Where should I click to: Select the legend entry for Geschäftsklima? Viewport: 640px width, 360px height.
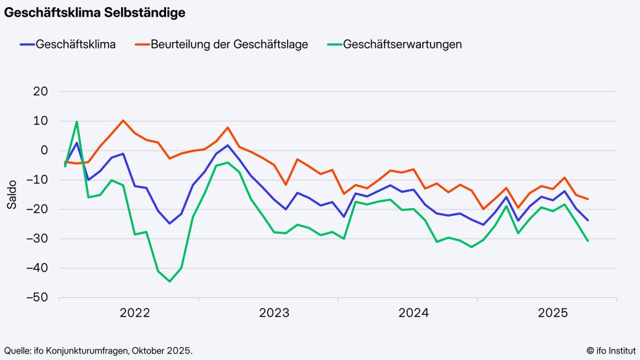(76, 45)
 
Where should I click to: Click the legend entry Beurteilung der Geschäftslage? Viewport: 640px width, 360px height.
(229, 45)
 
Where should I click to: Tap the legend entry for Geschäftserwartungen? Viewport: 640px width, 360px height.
(402, 45)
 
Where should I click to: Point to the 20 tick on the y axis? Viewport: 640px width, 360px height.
(40, 92)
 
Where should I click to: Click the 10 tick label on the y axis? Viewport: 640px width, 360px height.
(41, 121)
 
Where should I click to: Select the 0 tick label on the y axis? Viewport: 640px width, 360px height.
(44, 151)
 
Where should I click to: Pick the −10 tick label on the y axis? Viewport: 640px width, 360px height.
(37, 180)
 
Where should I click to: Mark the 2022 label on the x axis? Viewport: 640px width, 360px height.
(134, 313)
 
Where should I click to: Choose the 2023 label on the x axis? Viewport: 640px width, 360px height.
(274, 313)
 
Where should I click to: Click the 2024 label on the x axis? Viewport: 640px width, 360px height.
(414, 313)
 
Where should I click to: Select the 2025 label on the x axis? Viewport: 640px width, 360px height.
(553, 313)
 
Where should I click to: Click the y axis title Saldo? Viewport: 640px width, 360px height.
(12, 195)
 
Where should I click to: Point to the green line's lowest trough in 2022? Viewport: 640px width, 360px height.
(169, 281)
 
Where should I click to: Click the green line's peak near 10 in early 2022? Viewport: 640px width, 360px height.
(77, 122)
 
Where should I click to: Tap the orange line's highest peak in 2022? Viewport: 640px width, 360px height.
(123, 120)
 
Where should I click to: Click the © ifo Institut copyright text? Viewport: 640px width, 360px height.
(610, 350)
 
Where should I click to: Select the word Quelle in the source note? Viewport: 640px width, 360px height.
(18, 350)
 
